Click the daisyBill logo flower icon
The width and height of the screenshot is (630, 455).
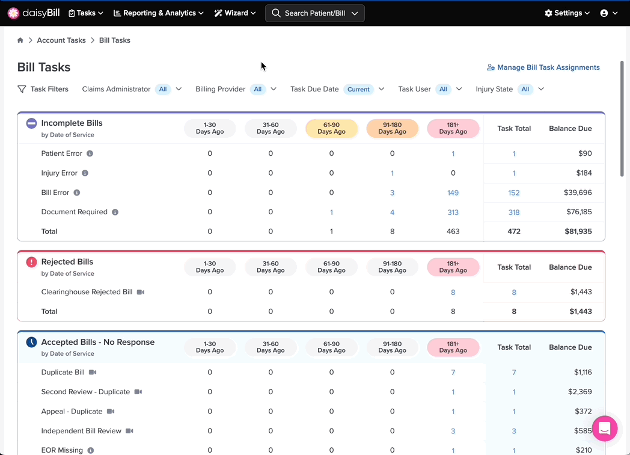coord(13,13)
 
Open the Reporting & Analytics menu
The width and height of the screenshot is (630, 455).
coord(158,13)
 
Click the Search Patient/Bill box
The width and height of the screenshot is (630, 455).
coord(315,13)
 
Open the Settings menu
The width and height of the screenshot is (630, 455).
coord(567,13)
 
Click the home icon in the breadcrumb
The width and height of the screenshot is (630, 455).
coord(20,40)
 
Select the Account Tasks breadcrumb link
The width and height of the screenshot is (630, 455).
coord(61,40)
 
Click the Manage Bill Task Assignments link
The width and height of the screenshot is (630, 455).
coord(543,67)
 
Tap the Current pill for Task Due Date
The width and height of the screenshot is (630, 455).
coord(358,89)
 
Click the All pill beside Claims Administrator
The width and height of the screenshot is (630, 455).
coord(163,89)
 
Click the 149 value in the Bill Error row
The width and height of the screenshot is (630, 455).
coord(453,193)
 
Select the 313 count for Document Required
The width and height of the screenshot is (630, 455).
coord(453,212)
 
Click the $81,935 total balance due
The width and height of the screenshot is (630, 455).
coord(578,231)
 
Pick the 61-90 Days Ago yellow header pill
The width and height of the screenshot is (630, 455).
coord(331,128)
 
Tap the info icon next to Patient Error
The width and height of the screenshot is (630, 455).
coord(90,153)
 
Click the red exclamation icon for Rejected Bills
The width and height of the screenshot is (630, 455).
coord(31,262)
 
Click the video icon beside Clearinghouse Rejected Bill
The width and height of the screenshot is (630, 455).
coord(141,292)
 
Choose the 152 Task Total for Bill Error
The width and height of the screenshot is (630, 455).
coord(514,193)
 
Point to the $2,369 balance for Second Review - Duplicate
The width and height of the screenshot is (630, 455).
coord(580,392)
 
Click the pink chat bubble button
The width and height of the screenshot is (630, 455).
coord(605,429)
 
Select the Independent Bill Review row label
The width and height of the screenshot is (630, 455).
coord(81,431)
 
